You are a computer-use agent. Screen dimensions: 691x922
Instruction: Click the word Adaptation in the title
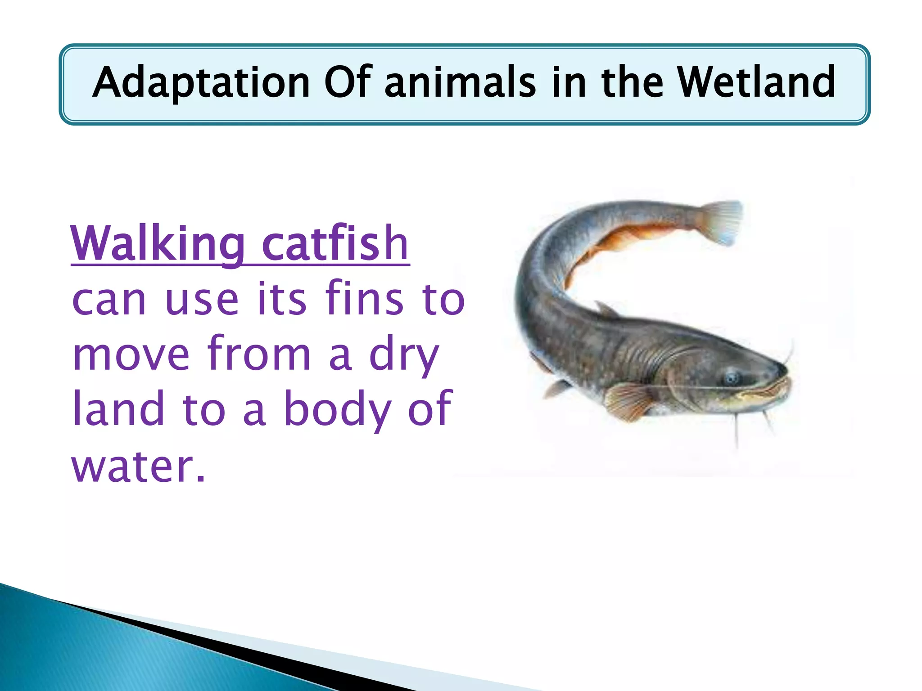coord(201,82)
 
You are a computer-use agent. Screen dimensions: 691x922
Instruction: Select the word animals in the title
coord(461,82)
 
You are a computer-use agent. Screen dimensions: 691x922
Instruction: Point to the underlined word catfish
coord(335,244)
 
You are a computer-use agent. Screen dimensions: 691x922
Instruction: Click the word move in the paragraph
coord(131,354)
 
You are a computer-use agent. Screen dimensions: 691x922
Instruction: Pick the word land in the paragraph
coord(118,408)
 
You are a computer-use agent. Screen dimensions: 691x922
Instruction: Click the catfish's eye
coord(732,377)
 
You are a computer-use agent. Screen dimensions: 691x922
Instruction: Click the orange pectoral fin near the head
coord(628,400)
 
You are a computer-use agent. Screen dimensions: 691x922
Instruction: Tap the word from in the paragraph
coord(259,354)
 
